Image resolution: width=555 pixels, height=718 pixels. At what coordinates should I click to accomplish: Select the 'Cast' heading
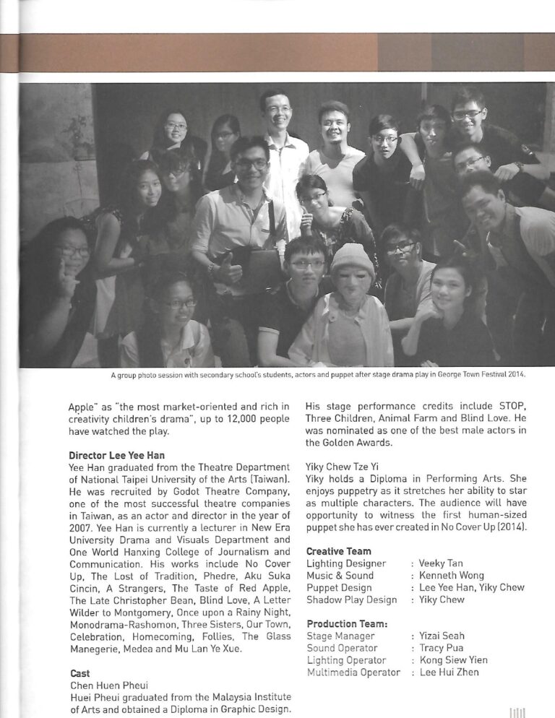point(79,673)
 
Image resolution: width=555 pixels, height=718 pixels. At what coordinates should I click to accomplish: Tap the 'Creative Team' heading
point(339,551)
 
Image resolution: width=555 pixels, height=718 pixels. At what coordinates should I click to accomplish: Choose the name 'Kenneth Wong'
point(451,576)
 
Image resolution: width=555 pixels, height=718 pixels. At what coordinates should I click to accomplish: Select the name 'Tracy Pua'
point(442,648)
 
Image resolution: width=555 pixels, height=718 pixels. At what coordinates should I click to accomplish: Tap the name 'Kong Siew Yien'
point(453,660)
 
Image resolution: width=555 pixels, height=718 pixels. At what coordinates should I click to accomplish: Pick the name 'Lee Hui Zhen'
point(449,672)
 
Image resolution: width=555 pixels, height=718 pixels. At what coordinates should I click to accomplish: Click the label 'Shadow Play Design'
point(352,600)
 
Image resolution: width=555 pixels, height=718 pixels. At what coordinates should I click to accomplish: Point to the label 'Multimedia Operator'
point(353,672)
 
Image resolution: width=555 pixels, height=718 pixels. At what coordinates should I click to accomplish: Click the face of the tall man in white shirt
point(277,112)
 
